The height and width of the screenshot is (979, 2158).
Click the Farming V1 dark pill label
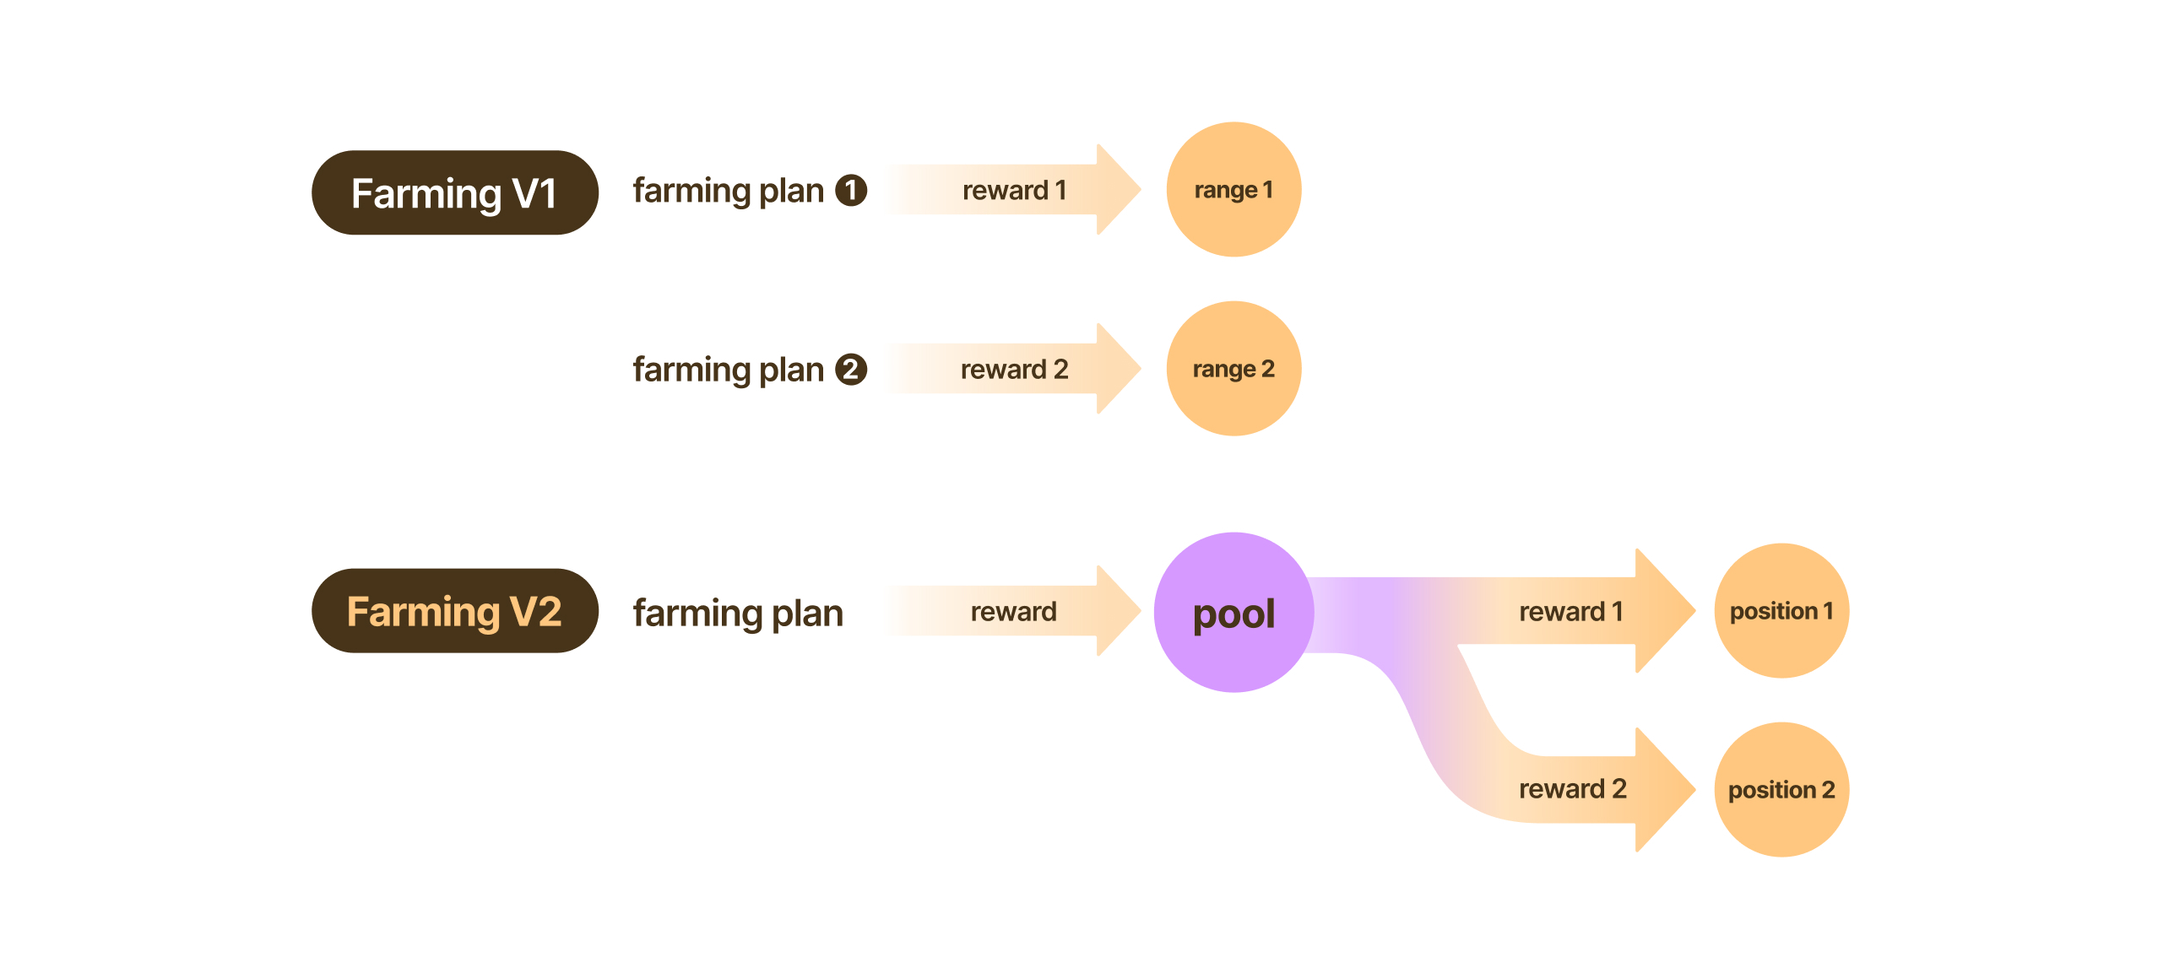[454, 192]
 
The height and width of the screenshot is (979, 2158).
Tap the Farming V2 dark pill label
[454, 610]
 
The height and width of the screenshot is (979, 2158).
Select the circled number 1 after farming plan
[851, 190]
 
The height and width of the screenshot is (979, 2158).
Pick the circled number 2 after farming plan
[851, 370]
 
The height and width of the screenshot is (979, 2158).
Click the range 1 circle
[1233, 190]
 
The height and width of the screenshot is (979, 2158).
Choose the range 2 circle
[1233, 369]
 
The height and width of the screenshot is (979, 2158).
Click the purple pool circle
[1234, 612]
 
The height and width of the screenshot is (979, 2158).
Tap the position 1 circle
[1781, 610]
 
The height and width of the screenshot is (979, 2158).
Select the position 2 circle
[1781, 789]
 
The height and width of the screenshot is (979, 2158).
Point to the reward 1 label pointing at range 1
[1014, 190]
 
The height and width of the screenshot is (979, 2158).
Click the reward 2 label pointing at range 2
[1014, 369]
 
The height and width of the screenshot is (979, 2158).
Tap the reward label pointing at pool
[1013, 611]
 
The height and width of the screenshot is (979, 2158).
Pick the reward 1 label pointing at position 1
[1570, 611]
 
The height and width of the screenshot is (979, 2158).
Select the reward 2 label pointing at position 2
[1572, 788]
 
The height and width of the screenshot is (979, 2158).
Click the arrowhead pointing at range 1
[1116, 190]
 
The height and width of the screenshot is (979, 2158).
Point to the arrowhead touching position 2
[1662, 789]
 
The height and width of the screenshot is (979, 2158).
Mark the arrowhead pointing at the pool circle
[1116, 611]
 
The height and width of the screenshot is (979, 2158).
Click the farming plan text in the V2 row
[738, 613]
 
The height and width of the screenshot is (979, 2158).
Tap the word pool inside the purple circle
[1234, 614]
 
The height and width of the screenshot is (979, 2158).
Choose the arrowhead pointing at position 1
[1662, 610]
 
